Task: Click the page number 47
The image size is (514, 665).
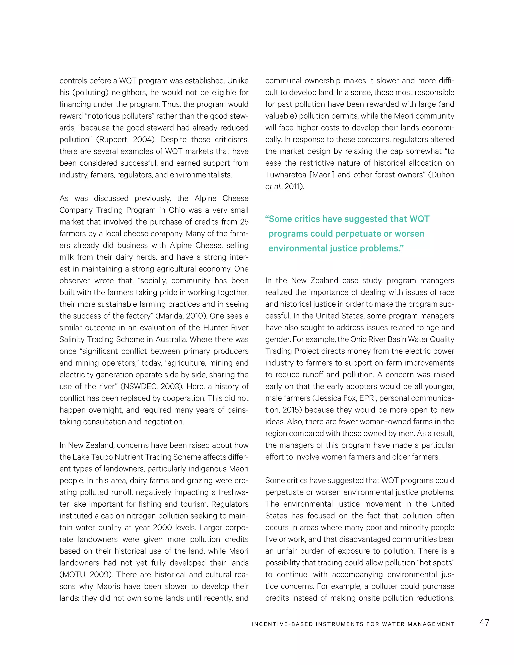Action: click(x=484, y=622)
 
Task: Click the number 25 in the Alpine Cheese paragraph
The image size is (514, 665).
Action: click(x=244, y=222)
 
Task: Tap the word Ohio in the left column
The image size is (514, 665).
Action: click(x=188, y=210)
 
